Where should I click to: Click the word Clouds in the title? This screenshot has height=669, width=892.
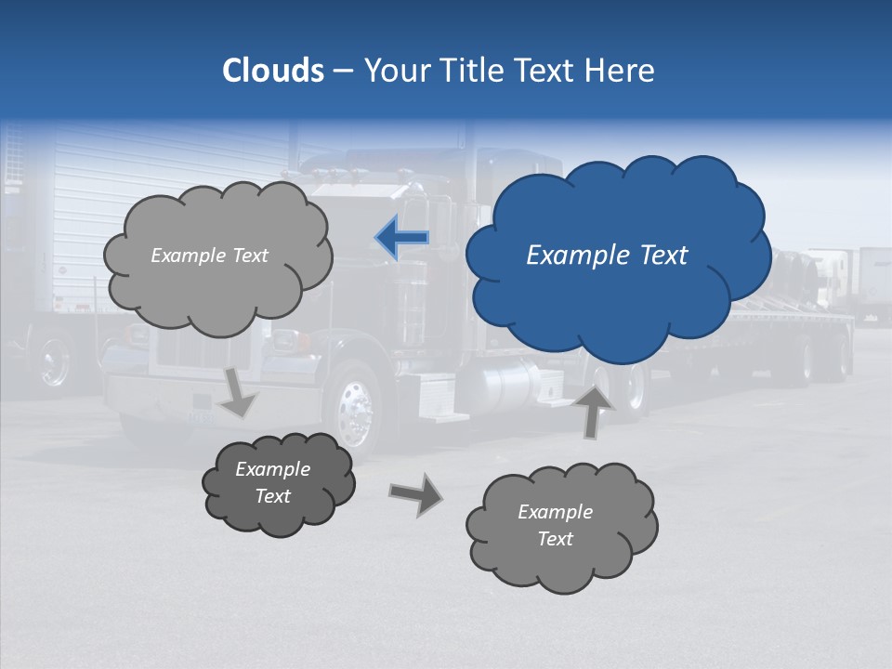coord(273,71)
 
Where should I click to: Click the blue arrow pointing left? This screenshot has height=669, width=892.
coord(402,237)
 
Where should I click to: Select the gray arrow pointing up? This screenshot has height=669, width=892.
coord(594,410)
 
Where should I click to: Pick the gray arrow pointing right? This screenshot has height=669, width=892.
coord(416,493)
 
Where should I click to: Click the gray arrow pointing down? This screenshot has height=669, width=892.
coord(238,392)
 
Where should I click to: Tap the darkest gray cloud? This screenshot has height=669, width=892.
coord(277,483)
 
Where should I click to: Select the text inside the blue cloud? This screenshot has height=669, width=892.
coord(608,256)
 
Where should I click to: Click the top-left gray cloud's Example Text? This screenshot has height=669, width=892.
coord(209,256)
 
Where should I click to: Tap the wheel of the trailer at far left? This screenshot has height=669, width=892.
coord(53,360)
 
